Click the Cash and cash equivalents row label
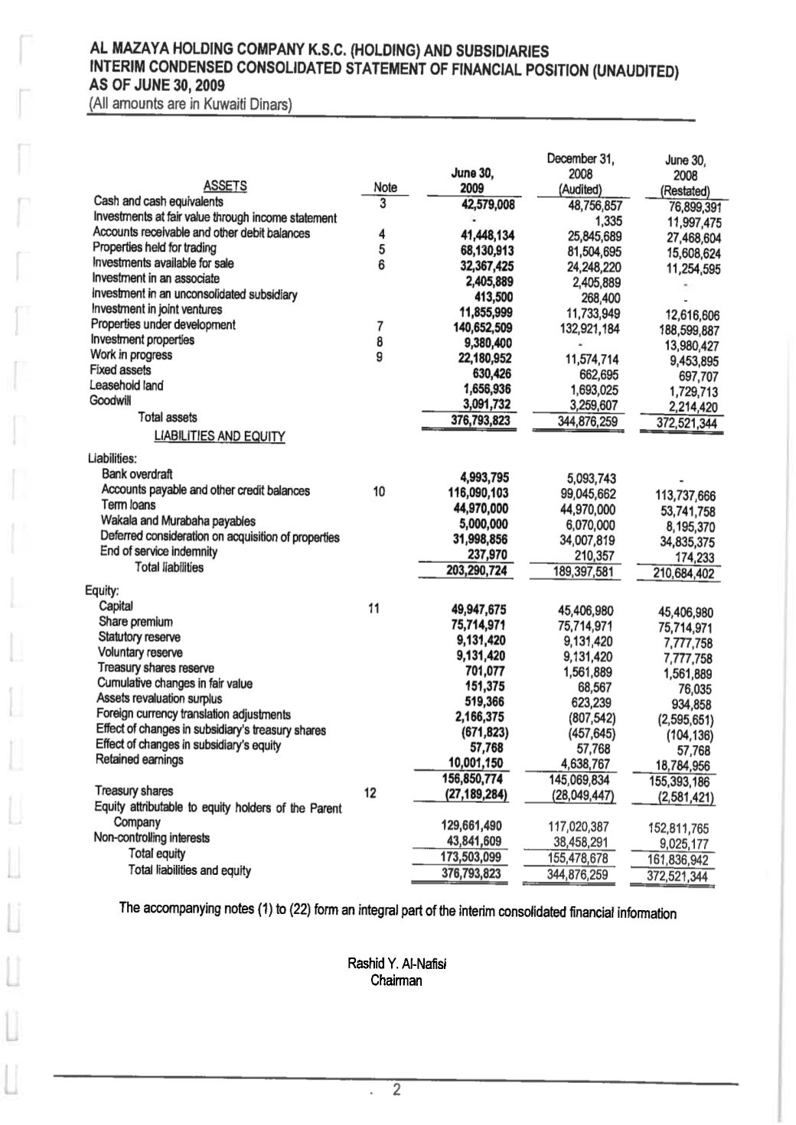coord(158,202)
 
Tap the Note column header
coord(385,187)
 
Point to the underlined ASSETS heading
coord(225,185)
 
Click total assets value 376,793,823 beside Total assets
coord(480,421)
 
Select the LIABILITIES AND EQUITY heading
coord(219,437)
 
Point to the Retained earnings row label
coord(139,759)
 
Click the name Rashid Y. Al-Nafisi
coord(396,964)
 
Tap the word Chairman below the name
coord(396,980)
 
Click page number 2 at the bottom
coord(396,1090)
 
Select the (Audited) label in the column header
coord(581,190)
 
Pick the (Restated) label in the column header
coord(686,191)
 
